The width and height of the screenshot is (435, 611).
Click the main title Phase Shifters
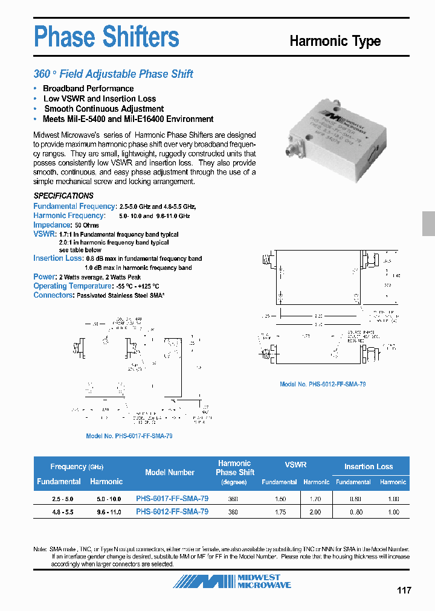point(106,37)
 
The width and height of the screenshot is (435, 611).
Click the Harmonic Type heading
point(335,41)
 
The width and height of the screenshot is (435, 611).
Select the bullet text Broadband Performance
point(88,89)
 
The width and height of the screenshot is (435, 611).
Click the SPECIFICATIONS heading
point(63,196)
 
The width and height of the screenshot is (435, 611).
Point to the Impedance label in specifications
point(52,225)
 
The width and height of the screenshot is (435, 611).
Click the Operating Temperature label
point(72,286)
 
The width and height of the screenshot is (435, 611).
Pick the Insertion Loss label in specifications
point(57,258)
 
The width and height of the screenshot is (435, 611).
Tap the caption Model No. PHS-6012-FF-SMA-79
point(323,384)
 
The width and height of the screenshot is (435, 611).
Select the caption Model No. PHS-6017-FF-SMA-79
point(129,436)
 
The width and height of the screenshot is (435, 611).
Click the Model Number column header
point(170,473)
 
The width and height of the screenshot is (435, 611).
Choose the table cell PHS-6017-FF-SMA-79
point(172,499)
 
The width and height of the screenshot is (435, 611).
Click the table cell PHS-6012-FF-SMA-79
point(172,511)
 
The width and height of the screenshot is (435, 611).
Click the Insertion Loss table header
point(369,467)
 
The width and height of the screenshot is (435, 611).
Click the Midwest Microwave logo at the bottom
point(233,581)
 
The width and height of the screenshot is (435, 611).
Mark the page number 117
point(404,590)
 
